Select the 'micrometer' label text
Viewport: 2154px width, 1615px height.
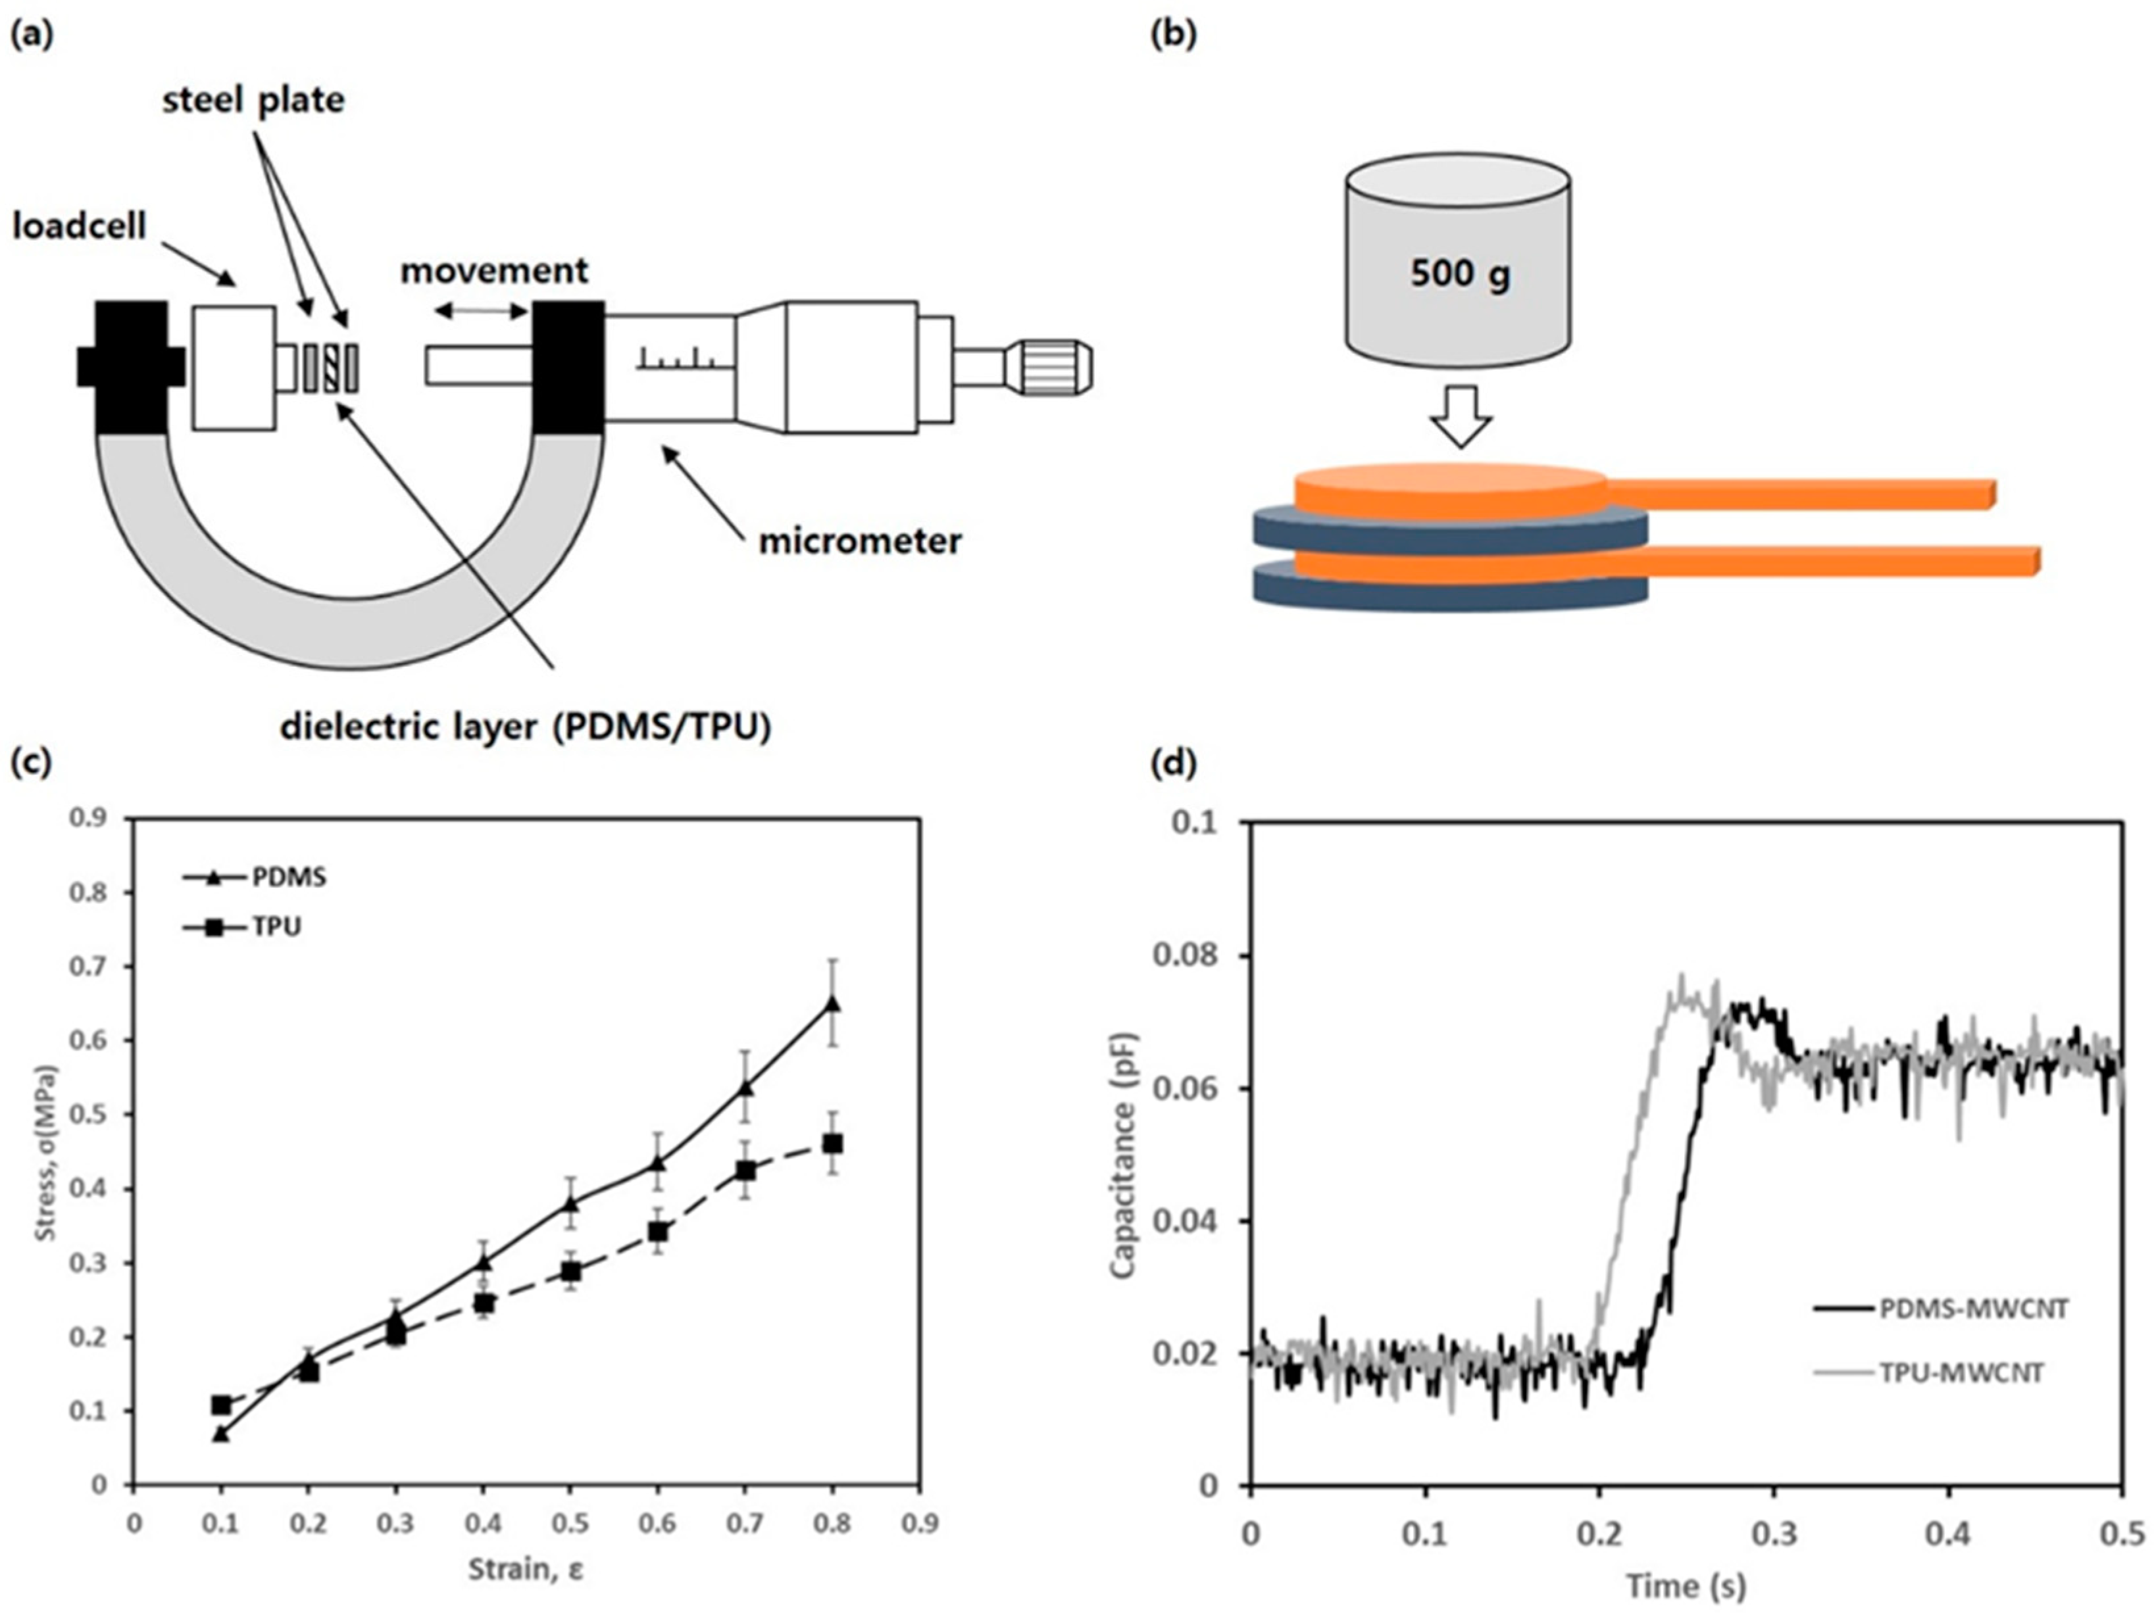[x=860, y=541]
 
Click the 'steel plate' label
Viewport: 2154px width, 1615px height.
[x=253, y=99]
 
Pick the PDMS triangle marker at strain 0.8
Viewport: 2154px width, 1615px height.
[x=832, y=1003]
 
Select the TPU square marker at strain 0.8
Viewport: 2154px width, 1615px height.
[x=832, y=1143]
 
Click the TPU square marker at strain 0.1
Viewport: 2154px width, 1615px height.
[x=221, y=1405]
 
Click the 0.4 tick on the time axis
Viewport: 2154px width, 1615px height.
[x=1947, y=1535]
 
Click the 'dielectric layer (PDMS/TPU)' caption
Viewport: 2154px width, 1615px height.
[x=526, y=727]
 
